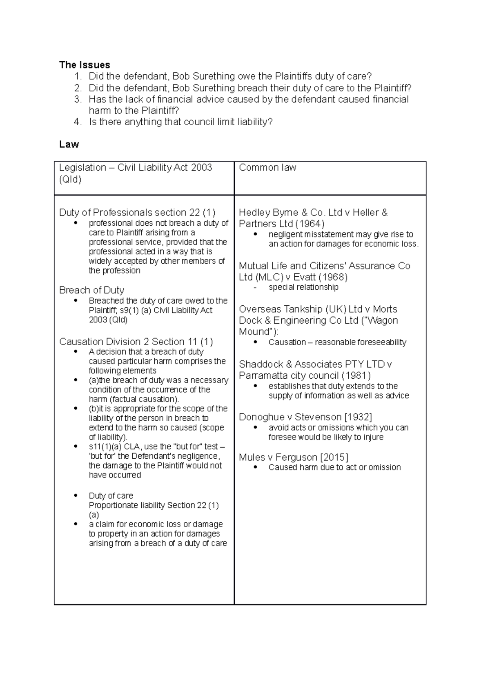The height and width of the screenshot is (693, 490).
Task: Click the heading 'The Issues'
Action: point(85,65)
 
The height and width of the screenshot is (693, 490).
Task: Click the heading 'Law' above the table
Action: point(69,144)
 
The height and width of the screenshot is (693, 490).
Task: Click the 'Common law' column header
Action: point(267,168)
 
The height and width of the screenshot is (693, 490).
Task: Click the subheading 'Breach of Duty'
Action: point(91,290)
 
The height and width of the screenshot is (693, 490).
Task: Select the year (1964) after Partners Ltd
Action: point(310,224)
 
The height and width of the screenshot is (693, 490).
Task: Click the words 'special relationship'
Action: point(303,287)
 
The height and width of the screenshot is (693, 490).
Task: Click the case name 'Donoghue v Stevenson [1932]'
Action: point(305,417)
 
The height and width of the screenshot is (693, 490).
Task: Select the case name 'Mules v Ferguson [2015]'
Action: point(293,457)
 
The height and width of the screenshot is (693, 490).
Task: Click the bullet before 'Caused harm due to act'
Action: point(256,467)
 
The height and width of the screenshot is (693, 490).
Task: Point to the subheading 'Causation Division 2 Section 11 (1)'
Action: point(136,342)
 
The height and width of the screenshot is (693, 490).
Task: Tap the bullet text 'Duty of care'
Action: point(111,496)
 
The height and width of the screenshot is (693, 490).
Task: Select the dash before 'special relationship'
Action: point(255,287)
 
